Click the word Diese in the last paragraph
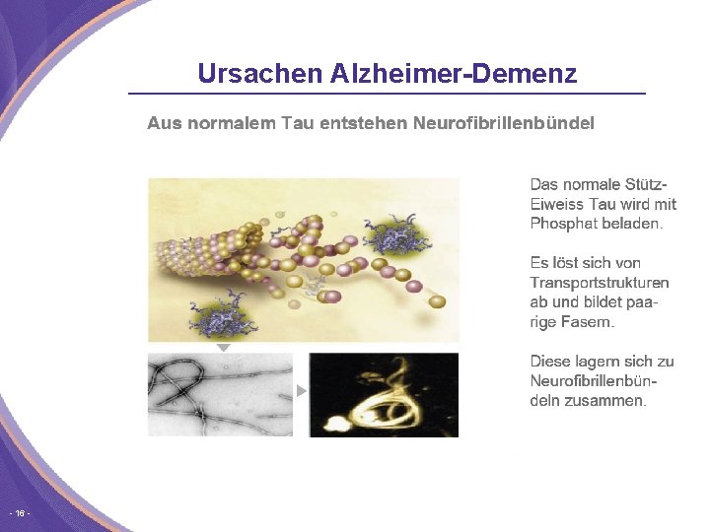[x=550, y=362]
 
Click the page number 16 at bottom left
[x=19, y=514]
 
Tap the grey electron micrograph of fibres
[x=220, y=394]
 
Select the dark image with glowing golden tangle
[x=384, y=394]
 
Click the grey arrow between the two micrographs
[x=302, y=391]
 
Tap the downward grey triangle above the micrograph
[x=224, y=348]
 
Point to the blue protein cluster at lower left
[x=223, y=317]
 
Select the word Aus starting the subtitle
[x=159, y=123]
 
